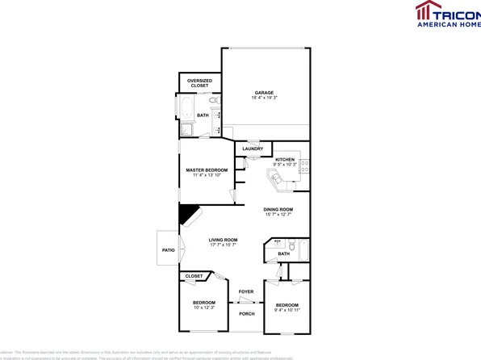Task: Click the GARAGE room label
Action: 265,93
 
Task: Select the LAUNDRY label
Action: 253,149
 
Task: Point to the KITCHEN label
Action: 285,160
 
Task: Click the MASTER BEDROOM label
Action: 207,170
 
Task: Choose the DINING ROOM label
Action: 278,210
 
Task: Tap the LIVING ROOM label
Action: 224,240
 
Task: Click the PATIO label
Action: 168,250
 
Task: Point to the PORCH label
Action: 247,313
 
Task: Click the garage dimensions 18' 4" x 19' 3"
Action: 265,98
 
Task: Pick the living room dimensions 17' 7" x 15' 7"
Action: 224,245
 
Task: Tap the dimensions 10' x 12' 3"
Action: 203,308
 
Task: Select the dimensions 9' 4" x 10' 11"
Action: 287,310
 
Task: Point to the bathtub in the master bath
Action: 185,110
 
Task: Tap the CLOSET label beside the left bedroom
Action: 194,276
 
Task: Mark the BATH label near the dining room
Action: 283,254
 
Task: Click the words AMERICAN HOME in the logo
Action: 448,24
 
